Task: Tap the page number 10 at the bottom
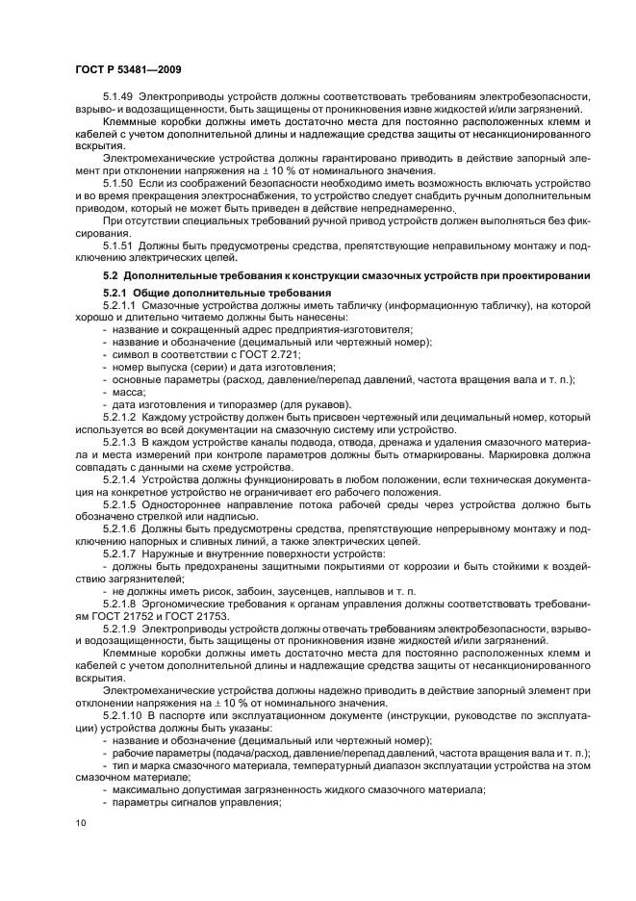click(81, 821)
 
